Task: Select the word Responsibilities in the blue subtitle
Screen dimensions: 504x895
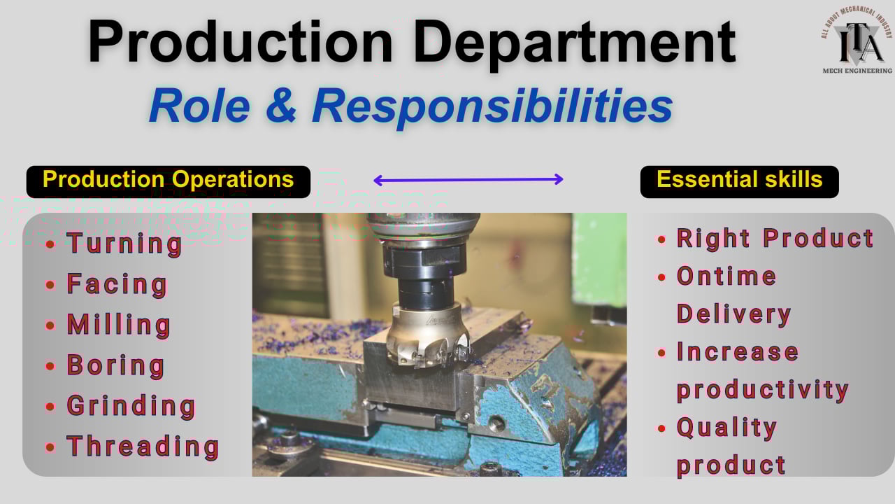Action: (x=492, y=106)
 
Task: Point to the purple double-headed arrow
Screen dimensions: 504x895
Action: (x=468, y=180)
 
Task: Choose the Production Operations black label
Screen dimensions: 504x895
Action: (x=168, y=181)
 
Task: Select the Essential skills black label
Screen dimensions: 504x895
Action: (x=739, y=181)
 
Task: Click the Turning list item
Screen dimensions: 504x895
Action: (x=124, y=244)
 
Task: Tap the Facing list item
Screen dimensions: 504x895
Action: (x=117, y=284)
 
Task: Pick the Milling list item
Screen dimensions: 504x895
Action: (x=118, y=325)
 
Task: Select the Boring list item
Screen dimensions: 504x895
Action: (x=115, y=365)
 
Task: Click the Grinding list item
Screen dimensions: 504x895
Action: (x=131, y=406)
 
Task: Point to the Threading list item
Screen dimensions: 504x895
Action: (x=143, y=447)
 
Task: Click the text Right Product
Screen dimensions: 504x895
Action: (x=775, y=239)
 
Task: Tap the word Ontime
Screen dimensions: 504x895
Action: (x=726, y=276)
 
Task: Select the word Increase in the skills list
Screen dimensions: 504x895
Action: (x=737, y=351)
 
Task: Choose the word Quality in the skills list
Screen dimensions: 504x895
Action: (x=726, y=427)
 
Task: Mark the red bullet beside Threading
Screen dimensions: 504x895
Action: (x=50, y=447)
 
